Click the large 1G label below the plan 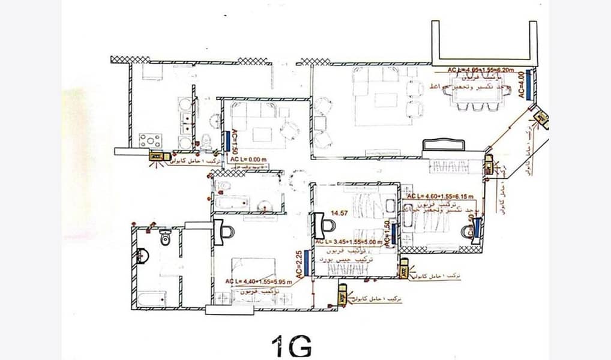[x=291, y=346]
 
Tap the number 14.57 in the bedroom [x=331, y=212]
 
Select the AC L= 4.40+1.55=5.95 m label [x=259, y=281]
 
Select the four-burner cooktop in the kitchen [x=150, y=140]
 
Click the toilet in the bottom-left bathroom [x=166, y=238]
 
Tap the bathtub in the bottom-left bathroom [x=151, y=298]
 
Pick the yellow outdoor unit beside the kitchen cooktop [x=157, y=156]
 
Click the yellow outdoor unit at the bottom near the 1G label [x=342, y=295]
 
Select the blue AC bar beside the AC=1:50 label [x=227, y=141]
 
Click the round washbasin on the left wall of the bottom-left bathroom [x=142, y=256]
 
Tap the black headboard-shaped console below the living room [x=444, y=145]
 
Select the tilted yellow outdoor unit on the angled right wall [x=542, y=118]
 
